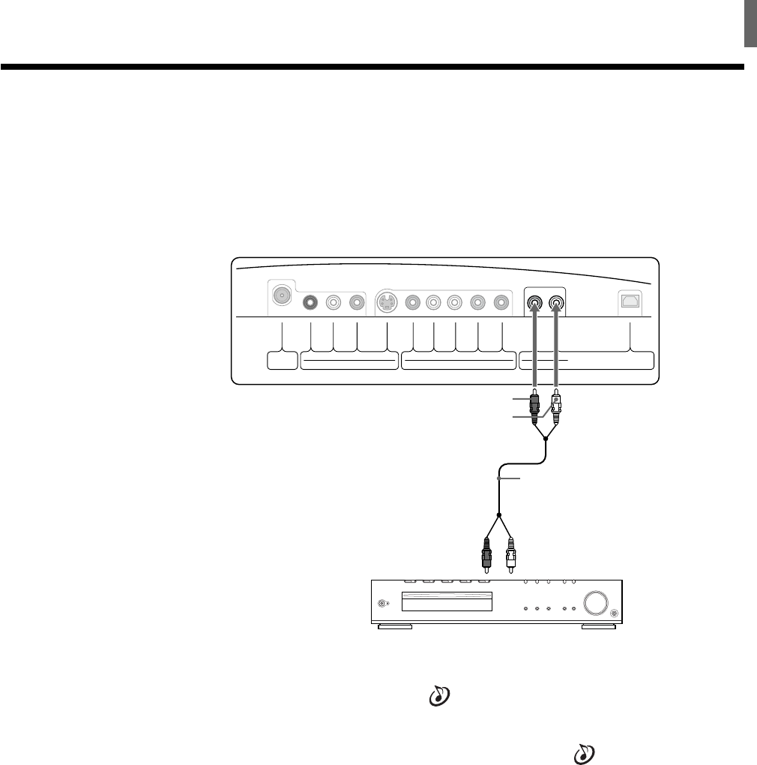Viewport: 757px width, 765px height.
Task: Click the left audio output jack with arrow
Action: pos(534,304)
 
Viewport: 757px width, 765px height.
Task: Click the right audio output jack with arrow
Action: pos(556,304)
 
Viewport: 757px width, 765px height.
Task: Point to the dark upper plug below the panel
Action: pos(534,405)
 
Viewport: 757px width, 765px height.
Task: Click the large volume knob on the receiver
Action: pos(594,604)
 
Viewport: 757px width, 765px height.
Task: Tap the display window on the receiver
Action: pos(447,602)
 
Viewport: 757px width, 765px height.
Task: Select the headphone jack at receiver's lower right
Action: pos(614,614)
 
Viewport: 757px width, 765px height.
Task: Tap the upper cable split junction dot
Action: pos(546,439)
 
